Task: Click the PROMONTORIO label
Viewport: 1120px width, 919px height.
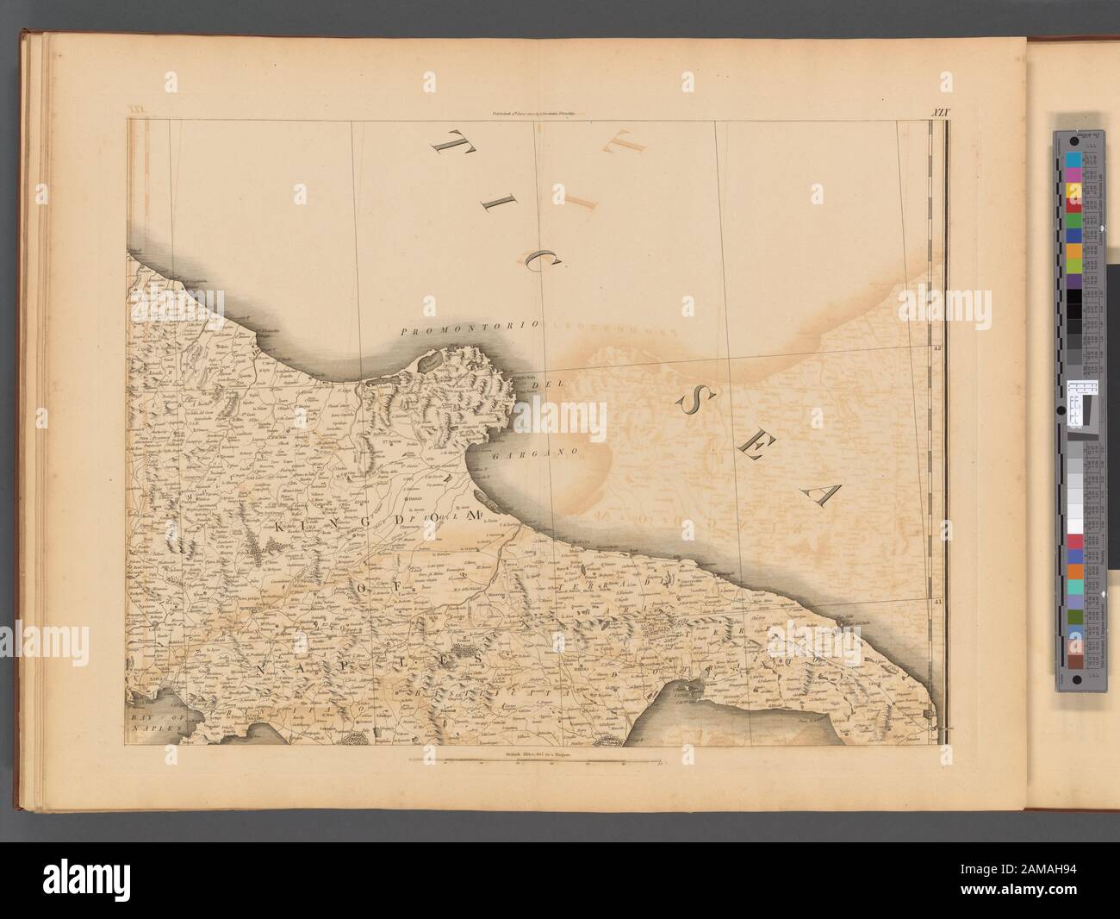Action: pos(470,328)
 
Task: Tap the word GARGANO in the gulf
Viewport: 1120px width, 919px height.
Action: pos(540,450)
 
